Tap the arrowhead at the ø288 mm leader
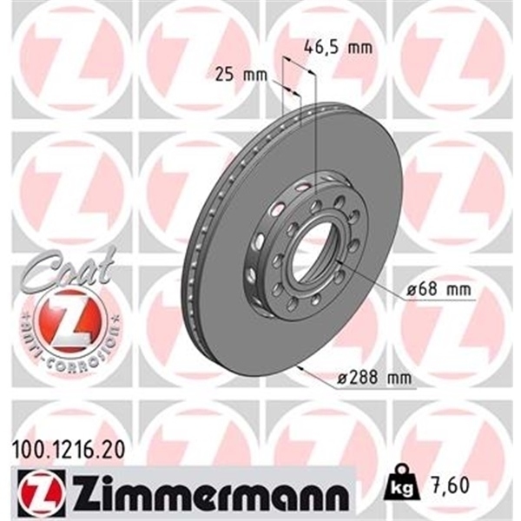click(299, 368)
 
